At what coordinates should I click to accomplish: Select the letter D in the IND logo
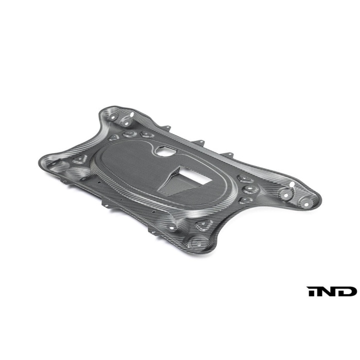pyautogui.click(x=348, y=292)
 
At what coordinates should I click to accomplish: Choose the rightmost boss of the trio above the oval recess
pyautogui.click(x=147, y=135)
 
